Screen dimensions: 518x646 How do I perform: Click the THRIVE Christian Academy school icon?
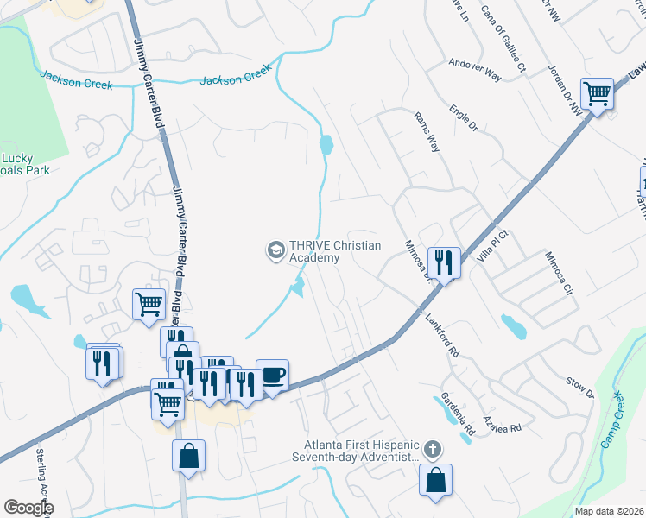point(275,250)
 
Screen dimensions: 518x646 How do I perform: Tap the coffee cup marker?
point(273,376)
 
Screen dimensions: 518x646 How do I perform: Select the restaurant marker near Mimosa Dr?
point(444,262)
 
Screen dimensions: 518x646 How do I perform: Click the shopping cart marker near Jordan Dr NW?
point(597,92)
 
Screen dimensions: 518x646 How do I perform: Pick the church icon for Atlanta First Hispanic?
point(433,450)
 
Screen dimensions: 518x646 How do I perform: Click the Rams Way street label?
point(427,132)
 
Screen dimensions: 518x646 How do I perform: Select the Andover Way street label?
point(475,69)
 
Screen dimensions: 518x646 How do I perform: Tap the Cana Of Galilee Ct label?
point(503,45)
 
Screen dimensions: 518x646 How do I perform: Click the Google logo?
point(28,508)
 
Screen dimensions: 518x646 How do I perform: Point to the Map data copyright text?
point(610,511)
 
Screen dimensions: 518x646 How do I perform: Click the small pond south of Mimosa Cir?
point(513,325)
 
